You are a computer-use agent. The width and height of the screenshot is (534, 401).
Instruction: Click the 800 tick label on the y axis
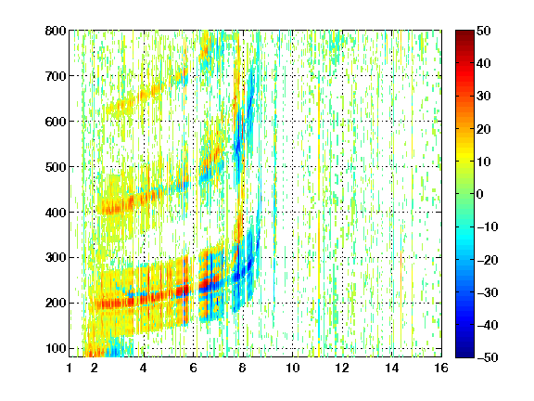(56, 31)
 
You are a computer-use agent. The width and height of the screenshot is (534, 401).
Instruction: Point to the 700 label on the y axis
(56, 76)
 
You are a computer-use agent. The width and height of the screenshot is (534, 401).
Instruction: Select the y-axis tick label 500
(56, 167)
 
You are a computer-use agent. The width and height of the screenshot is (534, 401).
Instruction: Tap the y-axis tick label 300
(56, 257)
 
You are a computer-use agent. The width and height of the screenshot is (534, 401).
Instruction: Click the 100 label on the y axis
(56, 348)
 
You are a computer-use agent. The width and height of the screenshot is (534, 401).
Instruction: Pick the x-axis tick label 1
(70, 368)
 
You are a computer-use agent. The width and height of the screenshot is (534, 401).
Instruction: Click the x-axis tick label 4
(144, 368)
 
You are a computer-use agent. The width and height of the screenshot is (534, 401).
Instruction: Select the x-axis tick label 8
(243, 368)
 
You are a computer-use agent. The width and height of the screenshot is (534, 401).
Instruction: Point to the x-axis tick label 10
(292, 368)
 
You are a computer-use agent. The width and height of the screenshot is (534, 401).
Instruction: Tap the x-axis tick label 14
(391, 368)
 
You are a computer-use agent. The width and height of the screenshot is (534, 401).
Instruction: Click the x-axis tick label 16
(441, 368)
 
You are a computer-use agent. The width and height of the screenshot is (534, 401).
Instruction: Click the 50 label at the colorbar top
(484, 31)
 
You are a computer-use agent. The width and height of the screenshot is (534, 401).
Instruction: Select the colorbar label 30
(484, 97)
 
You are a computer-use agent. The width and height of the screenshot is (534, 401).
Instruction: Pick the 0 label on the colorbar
(480, 194)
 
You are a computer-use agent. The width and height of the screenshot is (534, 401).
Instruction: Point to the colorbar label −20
(488, 260)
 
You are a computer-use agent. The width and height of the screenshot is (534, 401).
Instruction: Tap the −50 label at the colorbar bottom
(488, 357)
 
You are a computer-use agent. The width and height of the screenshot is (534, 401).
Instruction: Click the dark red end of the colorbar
(464, 33)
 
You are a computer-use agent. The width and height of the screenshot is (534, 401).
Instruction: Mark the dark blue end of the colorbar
(464, 354)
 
